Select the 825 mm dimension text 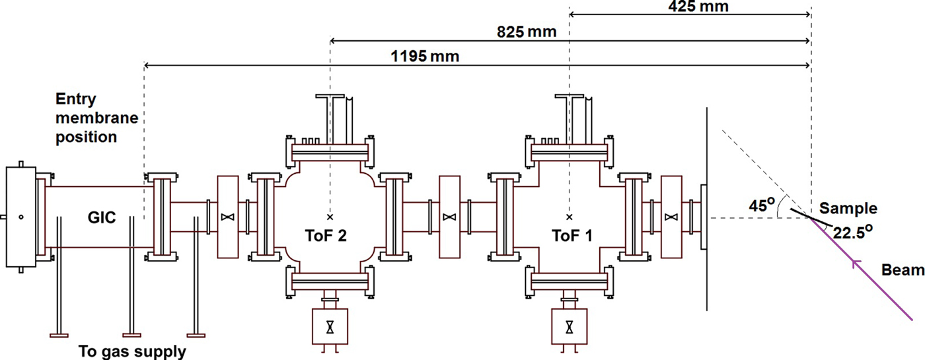pos(527,32)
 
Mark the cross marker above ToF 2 pos(329,216)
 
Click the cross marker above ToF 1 pos(569,216)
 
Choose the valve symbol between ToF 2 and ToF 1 pos(449,217)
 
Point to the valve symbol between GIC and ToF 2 pos(227,217)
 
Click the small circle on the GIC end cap pos(21,217)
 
